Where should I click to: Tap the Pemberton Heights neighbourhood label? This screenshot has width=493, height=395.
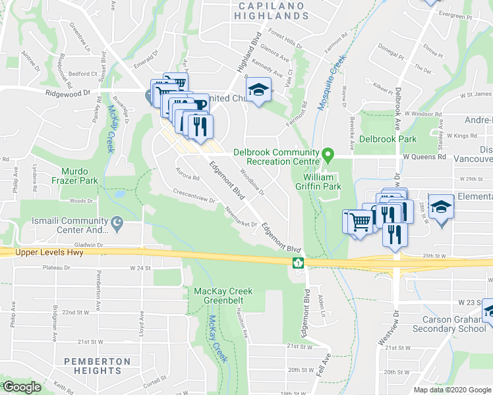(98, 367)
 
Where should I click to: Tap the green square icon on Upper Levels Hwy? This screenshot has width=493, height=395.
(298, 263)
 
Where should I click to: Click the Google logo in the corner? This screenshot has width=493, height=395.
(22, 387)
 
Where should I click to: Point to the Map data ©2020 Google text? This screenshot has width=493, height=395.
(452, 390)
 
